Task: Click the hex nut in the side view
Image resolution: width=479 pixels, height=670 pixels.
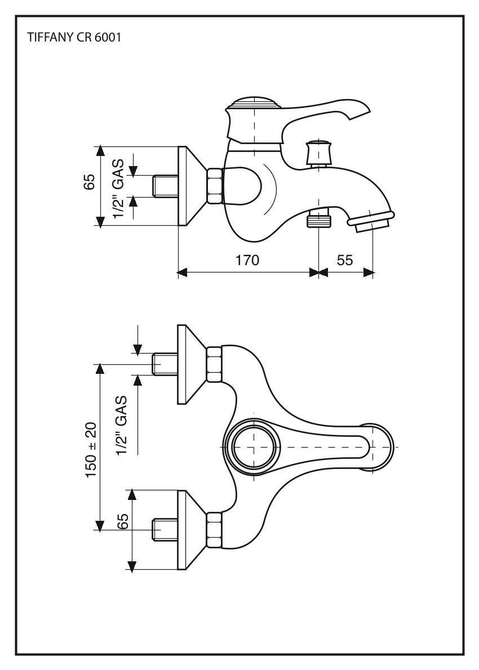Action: point(215,186)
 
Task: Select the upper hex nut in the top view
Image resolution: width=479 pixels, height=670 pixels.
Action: point(214,364)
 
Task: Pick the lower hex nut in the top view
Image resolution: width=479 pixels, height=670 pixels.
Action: point(214,530)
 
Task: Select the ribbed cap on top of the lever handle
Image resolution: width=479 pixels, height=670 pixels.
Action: point(255,105)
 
